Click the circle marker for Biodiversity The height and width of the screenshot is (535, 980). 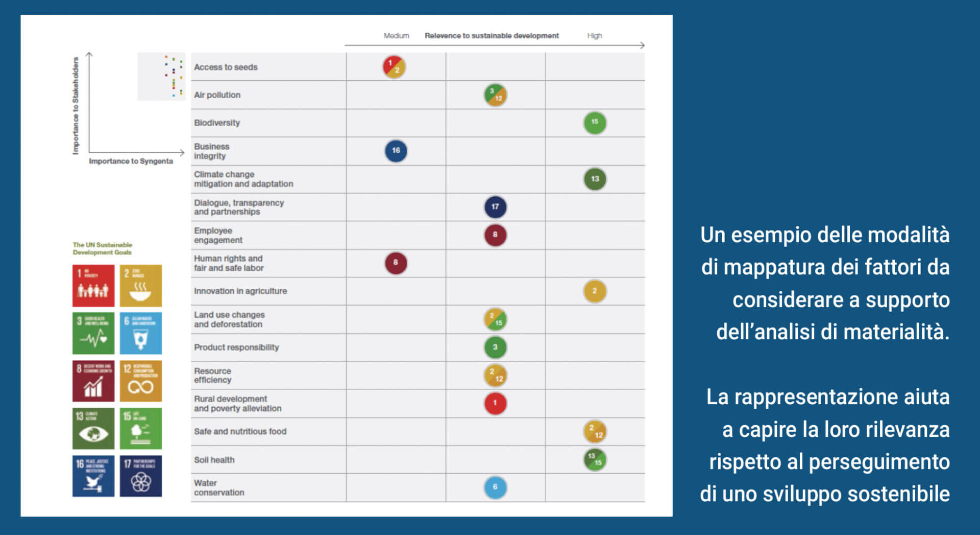pyautogui.click(x=595, y=123)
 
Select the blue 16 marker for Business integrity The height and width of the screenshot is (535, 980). pyautogui.click(x=396, y=151)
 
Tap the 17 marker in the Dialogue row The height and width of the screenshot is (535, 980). pyautogui.click(x=495, y=207)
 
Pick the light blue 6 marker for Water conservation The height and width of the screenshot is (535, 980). pyautogui.click(x=495, y=487)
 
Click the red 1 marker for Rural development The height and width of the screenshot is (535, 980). pyautogui.click(x=495, y=403)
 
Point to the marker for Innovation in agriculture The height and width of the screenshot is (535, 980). pyautogui.click(x=595, y=291)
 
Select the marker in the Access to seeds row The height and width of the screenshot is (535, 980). pyautogui.click(x=394, y=67)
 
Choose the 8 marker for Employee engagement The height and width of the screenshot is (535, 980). pyautogui.click(x=495, y=235)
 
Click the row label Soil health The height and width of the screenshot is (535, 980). pyautogui.click(x=214, y=460)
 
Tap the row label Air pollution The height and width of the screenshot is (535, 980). pyautogui.click(x=217, y=95)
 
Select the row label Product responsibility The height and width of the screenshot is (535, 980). pyautogui.click(x=236, y=347)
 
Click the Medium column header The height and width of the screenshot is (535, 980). pyautogui.click(x=396, y=36)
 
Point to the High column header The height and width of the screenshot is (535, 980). pyautogui.click(x=594, y=36)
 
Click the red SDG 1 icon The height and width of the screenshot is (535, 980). pyautogui.click(x=93, y=286)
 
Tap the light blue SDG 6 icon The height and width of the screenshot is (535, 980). pyautogui.click(x=141, y=333)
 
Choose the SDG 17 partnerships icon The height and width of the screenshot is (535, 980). pyautogui.click(x=141, y=476)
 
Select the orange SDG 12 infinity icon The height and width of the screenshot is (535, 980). pyautogui.click(x=141, y=381)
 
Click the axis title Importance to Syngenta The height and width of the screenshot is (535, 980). pyautogui.click(x=131, y=161)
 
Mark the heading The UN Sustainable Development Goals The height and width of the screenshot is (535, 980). pyautogui.click(x=102, y=249)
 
